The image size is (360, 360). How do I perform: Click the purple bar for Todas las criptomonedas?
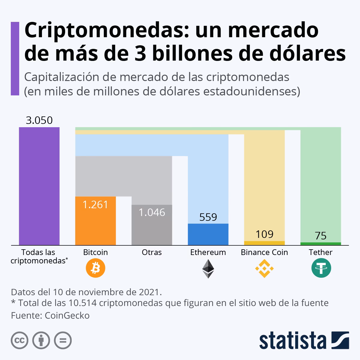click(39, 186)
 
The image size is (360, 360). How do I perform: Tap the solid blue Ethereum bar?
click(208, 234)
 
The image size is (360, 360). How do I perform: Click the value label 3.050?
click(39, 120)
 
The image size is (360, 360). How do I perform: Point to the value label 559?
click(208, 217)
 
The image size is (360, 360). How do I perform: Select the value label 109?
click(264, 234)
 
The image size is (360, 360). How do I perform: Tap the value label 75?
click(321, 236)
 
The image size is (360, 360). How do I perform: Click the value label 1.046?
click(152, 212)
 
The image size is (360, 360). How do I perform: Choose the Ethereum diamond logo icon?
click(208, 268)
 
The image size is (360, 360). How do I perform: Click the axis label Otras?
click(152, 252)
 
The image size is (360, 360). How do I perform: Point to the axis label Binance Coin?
click(264, 252)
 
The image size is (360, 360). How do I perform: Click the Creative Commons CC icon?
click(19, 340)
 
